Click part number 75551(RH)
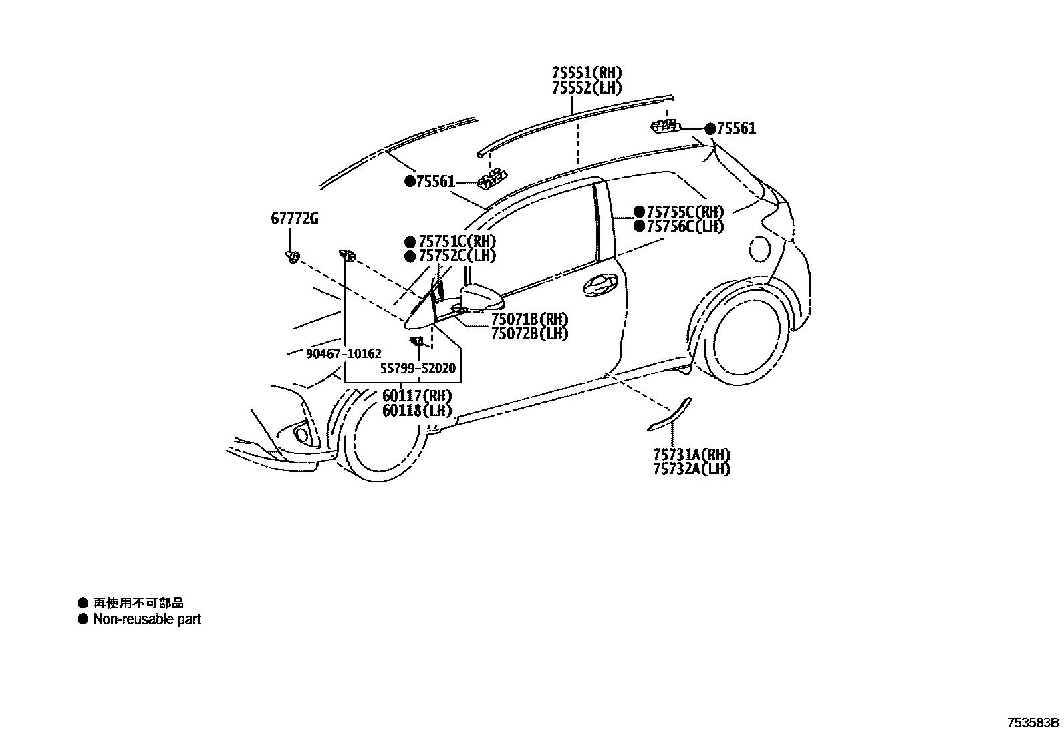[x=587, y=73]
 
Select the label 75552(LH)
[x=587, y=87]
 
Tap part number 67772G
[x=295, y=218]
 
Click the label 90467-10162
[x=344, y=354]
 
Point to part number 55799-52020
[x=418, y=368]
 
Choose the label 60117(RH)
[x=417, y=395]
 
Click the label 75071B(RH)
[x=529, y=319]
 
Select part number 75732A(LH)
[x=692, y=469]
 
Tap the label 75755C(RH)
[x=686, y=212]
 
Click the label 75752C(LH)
[x=457, y=256]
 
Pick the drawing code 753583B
[x=1034, y=723]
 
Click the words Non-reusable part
[x=147, y=619]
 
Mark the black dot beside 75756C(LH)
[x=640, y=226]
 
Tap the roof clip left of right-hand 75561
[x=665, y=126]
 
